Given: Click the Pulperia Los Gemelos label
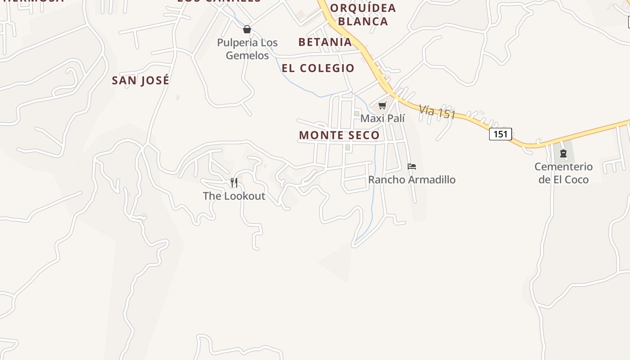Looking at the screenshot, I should coord(247,49).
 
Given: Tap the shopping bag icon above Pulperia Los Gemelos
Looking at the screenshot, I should coord(247,30).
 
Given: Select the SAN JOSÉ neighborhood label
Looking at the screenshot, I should coord(140,81).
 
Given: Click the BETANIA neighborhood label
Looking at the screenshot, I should coord(325,42).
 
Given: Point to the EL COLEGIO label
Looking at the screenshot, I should coord(318,68).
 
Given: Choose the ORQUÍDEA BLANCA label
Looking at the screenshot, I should coord(363,14).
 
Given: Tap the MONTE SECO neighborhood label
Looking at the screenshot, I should coord(339,135).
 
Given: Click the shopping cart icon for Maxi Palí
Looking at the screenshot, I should coord(382,106).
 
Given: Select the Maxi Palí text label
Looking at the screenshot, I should coord(382,118).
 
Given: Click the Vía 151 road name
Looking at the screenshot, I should coord(437,111).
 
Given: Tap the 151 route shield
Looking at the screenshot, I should coord(500,134).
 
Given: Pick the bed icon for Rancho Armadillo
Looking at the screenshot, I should coord(411,166).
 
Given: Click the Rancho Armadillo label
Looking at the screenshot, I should coord(412,180).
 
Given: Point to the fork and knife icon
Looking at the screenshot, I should coord(234,182).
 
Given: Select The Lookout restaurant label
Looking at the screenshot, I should coord(234,196).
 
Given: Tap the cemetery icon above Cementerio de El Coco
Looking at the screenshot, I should coord(563,153).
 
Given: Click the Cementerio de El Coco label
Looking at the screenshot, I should coord(563,173).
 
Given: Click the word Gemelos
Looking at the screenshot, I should coord(247,56).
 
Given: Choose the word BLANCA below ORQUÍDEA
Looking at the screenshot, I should coord(363,21).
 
